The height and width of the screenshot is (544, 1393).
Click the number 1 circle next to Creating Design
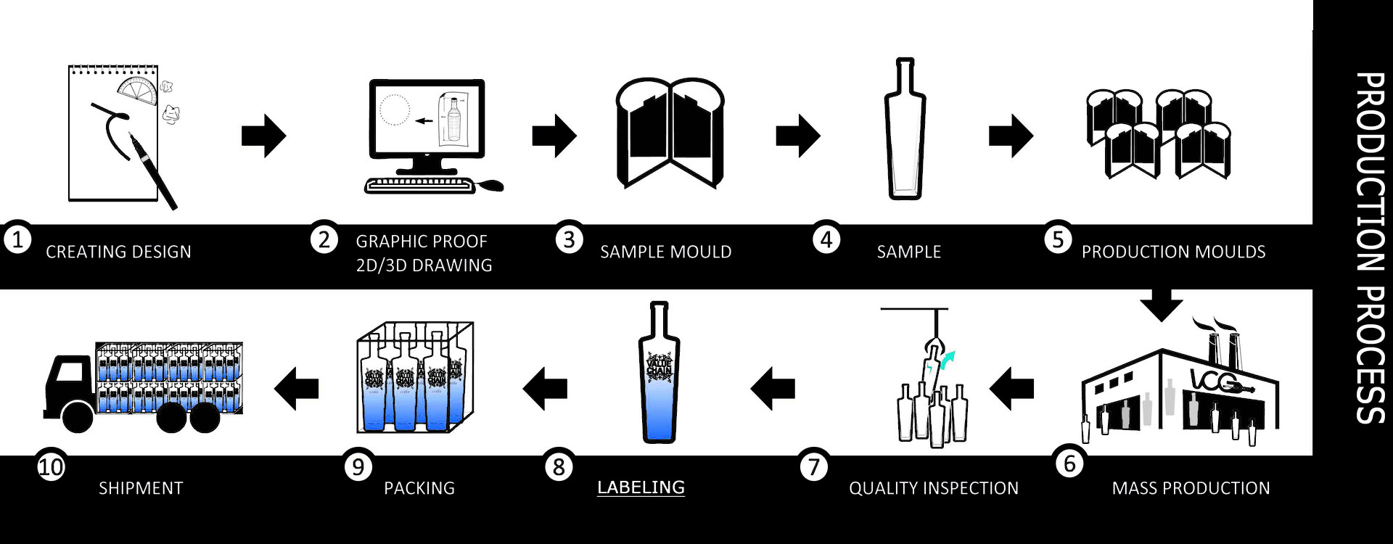[x=17, y=239]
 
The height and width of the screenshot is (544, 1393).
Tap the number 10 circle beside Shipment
[x=51, y=466]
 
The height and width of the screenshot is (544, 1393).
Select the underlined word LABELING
[x=641, y=487]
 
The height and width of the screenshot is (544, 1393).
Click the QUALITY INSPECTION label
[x=933, y=488]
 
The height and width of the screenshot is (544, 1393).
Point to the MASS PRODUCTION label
[x=1191, y=488]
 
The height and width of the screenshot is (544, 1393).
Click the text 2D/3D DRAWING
[x=424, y=265]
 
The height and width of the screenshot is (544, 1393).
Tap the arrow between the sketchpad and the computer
[x=263, y=136]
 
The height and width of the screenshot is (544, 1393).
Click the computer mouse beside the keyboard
[x=491, y=186]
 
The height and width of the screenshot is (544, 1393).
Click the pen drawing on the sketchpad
[x=152, y=170]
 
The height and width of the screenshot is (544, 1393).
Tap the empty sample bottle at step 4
[x=905, y=131]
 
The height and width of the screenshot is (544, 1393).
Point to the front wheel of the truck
[x=77, y=416]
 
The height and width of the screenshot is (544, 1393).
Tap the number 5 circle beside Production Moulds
[x=1058, y=239]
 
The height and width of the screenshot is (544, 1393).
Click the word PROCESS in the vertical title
[x=1370, y=355]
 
